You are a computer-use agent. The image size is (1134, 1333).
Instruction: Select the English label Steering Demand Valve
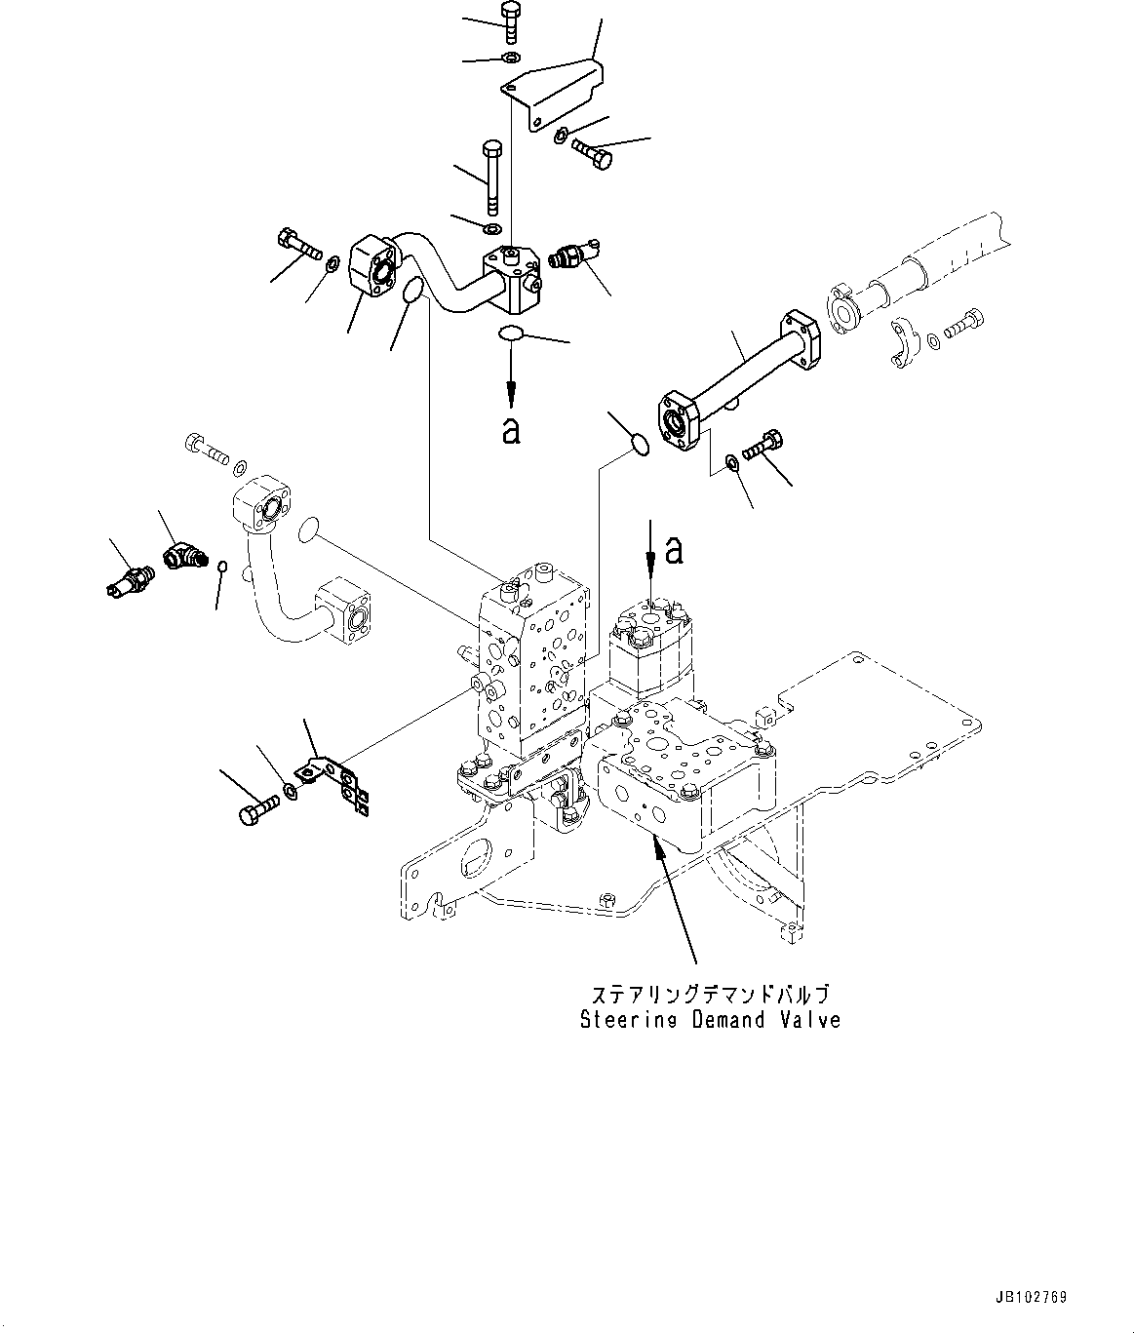[709, 1021]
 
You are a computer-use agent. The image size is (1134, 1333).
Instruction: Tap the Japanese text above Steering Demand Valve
[709, 995]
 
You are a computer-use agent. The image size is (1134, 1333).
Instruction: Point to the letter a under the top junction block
[510, 429]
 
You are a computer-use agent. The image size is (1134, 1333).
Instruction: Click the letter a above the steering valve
[673, 551]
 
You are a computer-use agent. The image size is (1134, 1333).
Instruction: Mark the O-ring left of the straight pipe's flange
[639, 446]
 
